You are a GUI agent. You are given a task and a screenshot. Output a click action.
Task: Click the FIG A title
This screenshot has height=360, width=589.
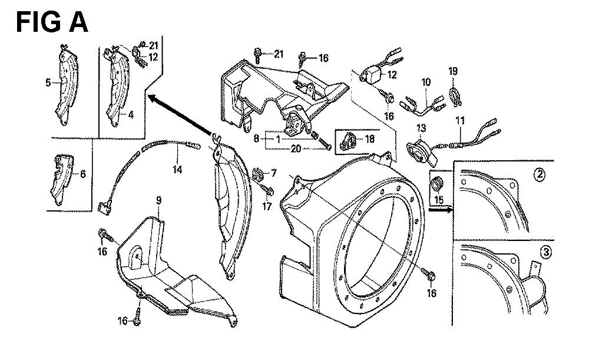[x=52, y=22]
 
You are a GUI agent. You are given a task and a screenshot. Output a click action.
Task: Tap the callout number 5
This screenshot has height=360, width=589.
[x=48, y=83]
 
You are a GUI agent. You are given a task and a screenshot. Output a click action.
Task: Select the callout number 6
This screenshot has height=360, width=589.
[x=82, y=174]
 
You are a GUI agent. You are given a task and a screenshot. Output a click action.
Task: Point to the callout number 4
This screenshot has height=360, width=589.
[x=130, y=115]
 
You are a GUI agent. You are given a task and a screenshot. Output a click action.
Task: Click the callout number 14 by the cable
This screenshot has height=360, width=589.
[x=177, y=170]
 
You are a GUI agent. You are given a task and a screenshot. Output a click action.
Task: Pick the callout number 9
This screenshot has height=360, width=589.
[x=158, y=202]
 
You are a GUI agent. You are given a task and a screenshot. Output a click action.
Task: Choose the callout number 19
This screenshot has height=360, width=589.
[x=453, y=71]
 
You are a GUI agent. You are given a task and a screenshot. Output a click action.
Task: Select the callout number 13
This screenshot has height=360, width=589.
[x=421, y=127]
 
